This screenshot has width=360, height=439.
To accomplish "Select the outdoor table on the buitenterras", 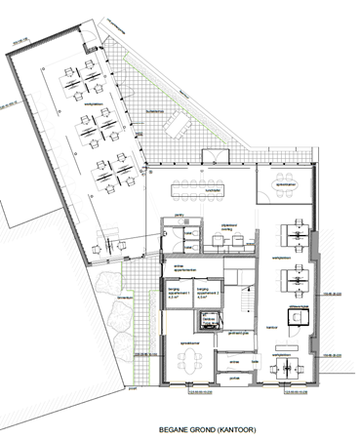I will point(177,122).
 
